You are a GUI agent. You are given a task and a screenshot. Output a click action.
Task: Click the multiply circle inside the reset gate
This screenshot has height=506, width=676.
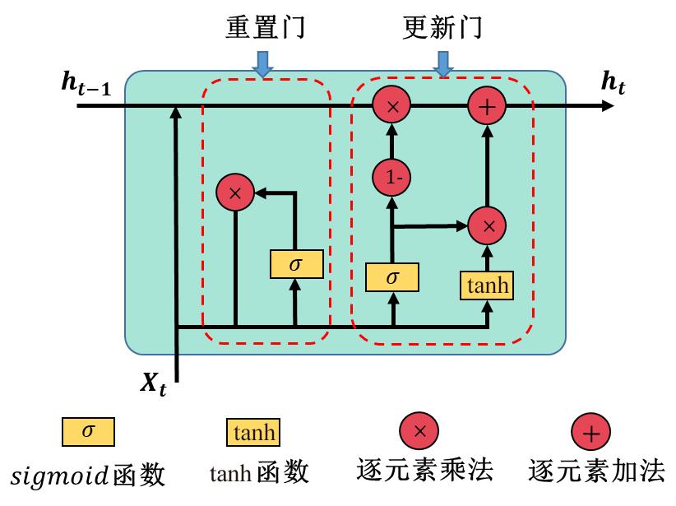[235, 193]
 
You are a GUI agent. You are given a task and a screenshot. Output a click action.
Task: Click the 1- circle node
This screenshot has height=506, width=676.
[392, 175]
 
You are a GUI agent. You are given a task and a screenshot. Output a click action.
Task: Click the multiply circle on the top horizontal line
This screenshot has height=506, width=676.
[392, 106]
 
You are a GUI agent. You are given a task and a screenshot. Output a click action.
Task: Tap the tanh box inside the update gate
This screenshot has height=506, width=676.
[488, 285]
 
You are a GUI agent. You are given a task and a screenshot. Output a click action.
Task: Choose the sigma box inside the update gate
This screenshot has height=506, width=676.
[392, 277]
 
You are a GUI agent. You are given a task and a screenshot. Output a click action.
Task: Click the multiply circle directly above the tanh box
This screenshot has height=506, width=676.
[488, 225]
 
